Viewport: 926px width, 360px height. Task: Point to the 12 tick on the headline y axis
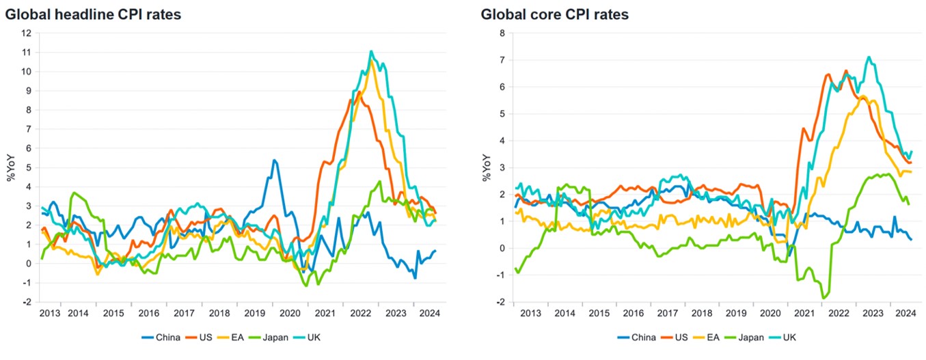(x=26, y=33)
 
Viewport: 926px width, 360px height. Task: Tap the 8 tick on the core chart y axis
(x=502, y=33)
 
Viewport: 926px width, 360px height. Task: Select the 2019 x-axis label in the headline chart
(x=254, y=314)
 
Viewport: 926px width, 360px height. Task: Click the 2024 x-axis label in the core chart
(x=905, y=314)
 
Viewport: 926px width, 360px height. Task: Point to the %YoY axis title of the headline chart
(x=10, y=168)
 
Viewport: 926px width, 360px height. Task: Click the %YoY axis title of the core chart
(x=487, y=168)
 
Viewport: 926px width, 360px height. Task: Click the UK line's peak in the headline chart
(x=371, y=51)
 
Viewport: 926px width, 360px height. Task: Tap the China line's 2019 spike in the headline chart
(x=274, y=161)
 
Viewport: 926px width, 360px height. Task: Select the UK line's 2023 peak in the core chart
(x=868, y=57)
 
